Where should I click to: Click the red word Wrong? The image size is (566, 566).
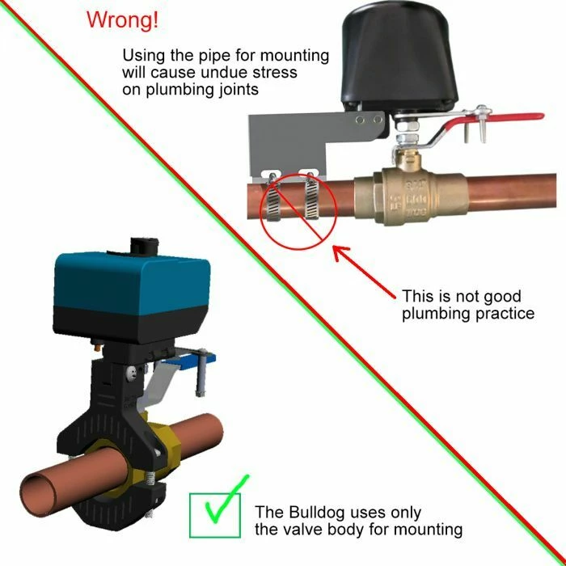[x=122, y=21]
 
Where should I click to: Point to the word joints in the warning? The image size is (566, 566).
[x=237, y=90]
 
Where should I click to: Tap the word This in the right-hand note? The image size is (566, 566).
[x=419, y=295]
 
